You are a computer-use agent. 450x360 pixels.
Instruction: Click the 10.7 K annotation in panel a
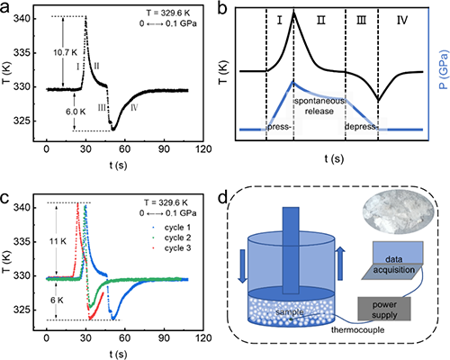pos(65,52)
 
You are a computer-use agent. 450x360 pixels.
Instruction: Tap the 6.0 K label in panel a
pos(76,112)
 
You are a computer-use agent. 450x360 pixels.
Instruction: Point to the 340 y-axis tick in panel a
pos(22,19)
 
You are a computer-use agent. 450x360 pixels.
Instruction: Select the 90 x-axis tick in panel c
pos(164,338)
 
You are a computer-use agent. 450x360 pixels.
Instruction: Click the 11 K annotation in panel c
pos(58,241)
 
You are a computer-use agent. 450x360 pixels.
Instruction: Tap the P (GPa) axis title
pos(444,70)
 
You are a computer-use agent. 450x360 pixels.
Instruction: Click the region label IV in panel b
pos(402,21)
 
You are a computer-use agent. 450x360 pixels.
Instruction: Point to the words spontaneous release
pos(319,106)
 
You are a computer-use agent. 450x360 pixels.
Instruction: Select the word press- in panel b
pos(279,127)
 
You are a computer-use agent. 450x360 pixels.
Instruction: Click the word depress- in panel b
pos(361,127)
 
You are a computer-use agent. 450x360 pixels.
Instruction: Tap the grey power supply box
pos(384,309)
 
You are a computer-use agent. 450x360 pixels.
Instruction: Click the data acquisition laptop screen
pos(398,253)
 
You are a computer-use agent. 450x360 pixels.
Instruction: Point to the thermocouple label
pos(357,330)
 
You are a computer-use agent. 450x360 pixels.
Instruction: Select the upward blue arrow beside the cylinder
pos(340,264)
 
